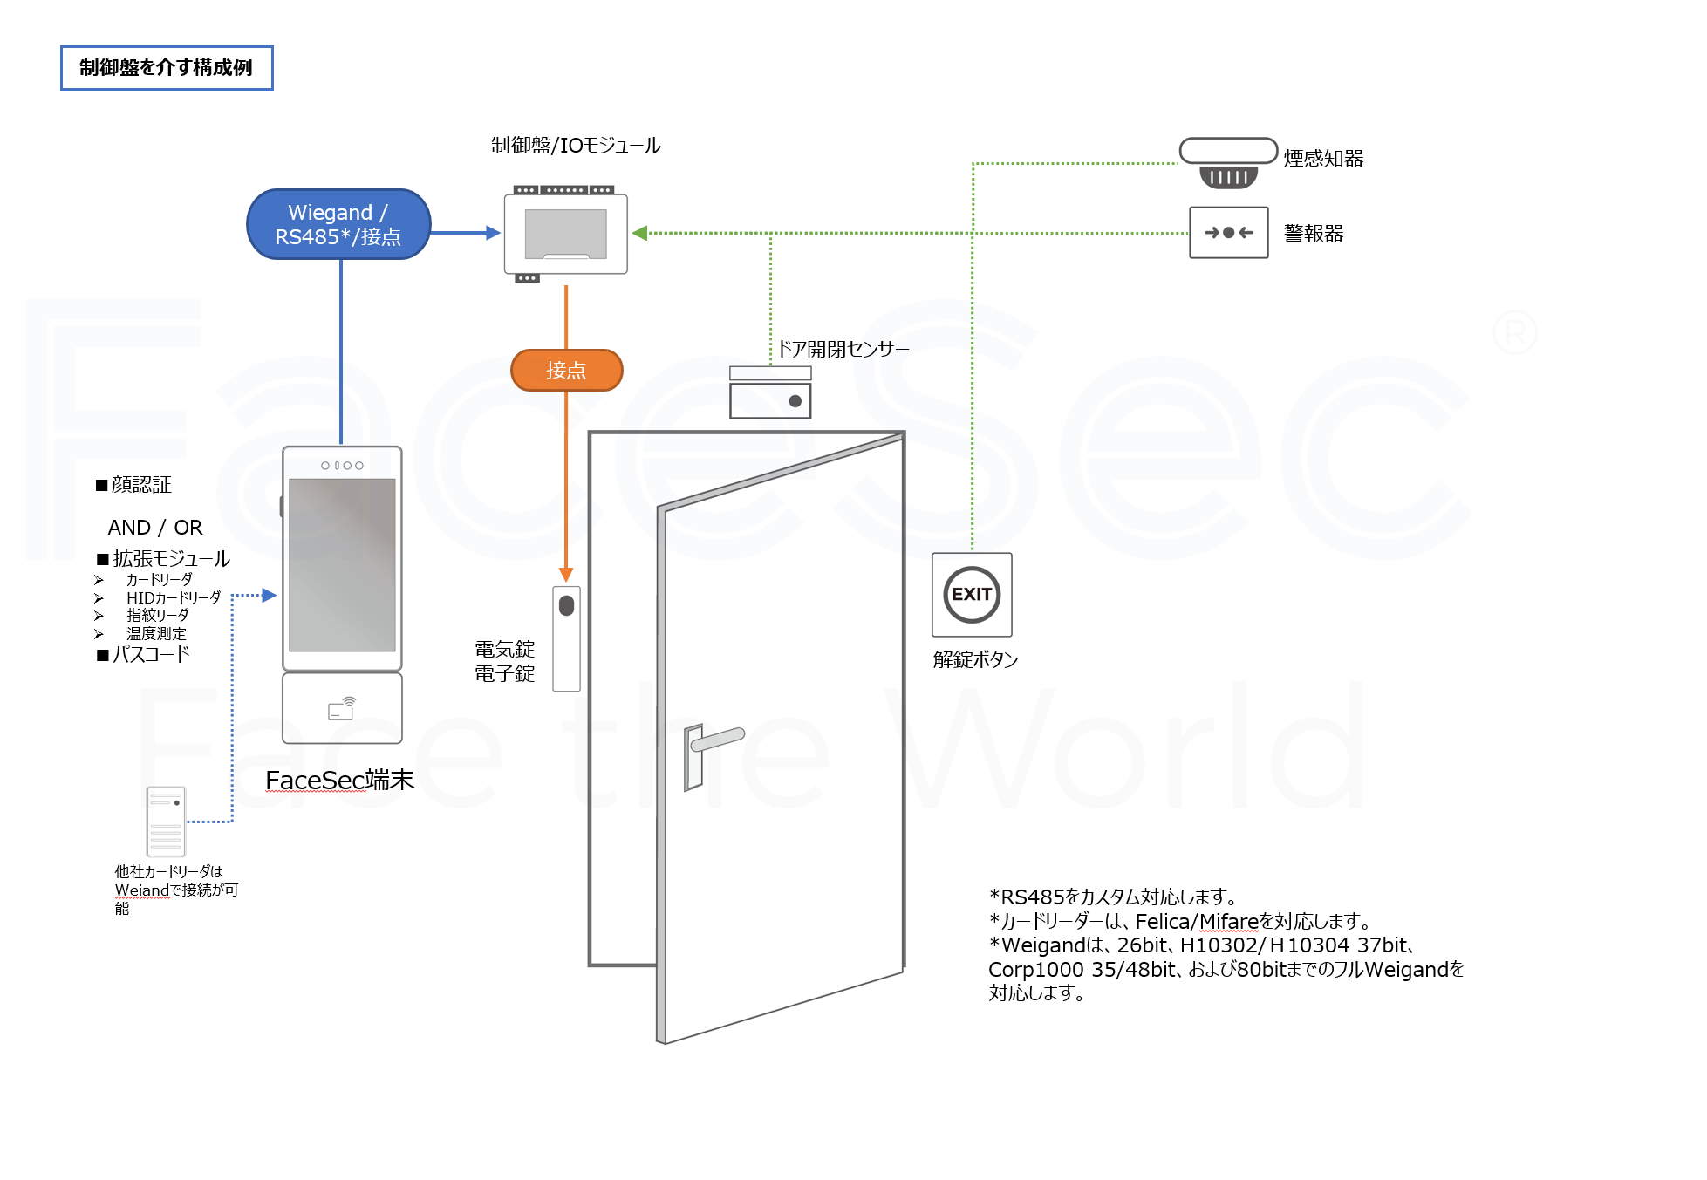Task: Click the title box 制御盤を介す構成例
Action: pos(166,68)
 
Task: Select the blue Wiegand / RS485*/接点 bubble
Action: pos(338,225)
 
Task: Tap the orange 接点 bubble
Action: pos(566,371)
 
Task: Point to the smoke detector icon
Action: pos(1228,163)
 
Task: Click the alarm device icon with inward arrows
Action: pos(1228,233)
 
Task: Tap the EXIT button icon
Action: pos(972,595)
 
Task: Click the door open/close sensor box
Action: pos(770,393)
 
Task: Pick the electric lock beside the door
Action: pos(566,638)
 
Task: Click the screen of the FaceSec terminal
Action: pos(342,564)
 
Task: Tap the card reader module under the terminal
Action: pos(342,708)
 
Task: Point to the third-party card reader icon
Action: pos(166,822)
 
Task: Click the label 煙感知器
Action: pos(1323,159)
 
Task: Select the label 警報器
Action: pos(1314,234)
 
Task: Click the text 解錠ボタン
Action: pos(975,660)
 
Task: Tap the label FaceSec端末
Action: pos(339,780)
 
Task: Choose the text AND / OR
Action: pos(155,528)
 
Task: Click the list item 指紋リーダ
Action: pos(157,616)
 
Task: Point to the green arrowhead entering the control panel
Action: pos(640,233)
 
